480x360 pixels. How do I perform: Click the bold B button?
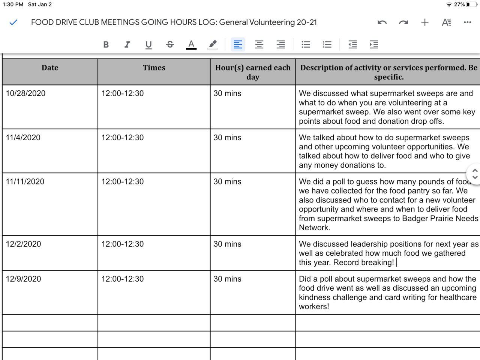pyautogui.click(x=106, y=45)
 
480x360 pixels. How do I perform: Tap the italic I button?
pyautogui.click(x=127, y=45)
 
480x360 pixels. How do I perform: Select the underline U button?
pyautogui.click(x=148, y=45)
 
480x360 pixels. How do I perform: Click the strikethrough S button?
pyautogui.click(x=170, y=45)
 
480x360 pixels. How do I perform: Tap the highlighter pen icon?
pyautogui.click(x=213, y=45)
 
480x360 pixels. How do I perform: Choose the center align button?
pyautogui.click(x=259, y=45)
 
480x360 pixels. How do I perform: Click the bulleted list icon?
pyautogui.click(x=306, y=45)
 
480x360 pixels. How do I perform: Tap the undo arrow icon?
pyautogui.click(x=382, y=22)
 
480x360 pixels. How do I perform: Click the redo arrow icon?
pyautogui.click(x=403, y=22)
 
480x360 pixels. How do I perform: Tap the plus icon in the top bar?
pyautogui.click(x=425, y=22)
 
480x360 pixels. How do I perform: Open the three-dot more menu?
pyautogui.click(x=467, y=22)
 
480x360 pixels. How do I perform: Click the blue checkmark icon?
pyautogui.click(x=13, y=22)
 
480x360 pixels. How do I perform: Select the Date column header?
pyautogui.click(x=50, y=68)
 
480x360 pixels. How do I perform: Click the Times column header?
pyautogui.click(x=154, y=68)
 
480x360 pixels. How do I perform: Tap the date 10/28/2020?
pyautogui.click(x=25, y=93)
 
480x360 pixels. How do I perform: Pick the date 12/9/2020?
pyautogui.click(x=23, y=279)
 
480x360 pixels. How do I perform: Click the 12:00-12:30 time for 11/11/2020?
pyautogui.click(x=123, y=181)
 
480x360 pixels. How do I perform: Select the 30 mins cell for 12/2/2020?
pyautogui.click(x=227, y=244)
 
